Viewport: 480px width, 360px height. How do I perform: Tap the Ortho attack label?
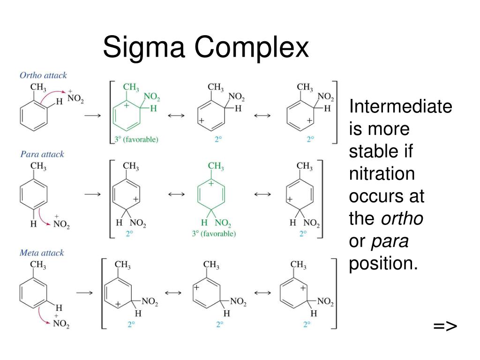[43, 75]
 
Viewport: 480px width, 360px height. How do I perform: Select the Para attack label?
[42, 154]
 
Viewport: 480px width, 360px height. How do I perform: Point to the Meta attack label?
[42, 253]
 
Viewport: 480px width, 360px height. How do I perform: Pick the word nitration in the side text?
[382, 174]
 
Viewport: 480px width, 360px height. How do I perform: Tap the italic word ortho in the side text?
[402, 218]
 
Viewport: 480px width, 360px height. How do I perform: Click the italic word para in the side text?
[390, 241]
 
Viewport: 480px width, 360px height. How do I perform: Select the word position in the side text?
[383, 263]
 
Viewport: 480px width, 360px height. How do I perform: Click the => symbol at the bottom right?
[445, 326]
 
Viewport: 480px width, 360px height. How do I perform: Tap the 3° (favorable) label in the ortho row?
[136, 139]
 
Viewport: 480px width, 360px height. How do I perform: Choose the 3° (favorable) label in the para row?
[214, 233]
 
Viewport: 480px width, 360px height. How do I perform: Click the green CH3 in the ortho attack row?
[131, 87]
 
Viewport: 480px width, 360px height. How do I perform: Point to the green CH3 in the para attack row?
[216, 166]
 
